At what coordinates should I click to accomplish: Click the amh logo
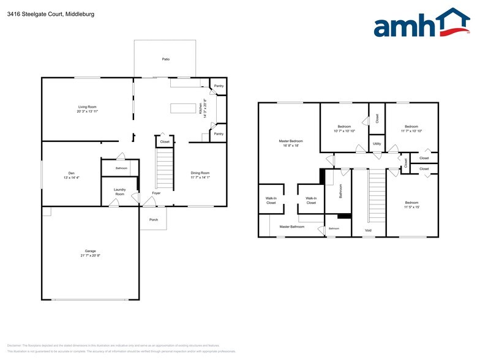click(x=418, y=25)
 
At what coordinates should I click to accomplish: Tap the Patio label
click(x=165, y=59)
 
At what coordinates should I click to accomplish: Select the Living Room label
click(x=88, y=107)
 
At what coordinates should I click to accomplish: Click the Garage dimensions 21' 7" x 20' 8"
click(x=90, y=255)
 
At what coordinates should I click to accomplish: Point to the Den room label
click(x=54, y=173)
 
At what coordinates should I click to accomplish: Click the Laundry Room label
click(x=119, y=192)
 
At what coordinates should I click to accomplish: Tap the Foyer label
click(x=156, y=193)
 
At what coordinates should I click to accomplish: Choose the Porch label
click(x=153, y=220)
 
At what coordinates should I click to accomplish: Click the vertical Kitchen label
click(x=200, y=108)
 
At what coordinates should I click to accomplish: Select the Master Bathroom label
click(x=292, y=227)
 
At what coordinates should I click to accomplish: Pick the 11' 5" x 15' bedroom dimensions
click(x=411, y=207)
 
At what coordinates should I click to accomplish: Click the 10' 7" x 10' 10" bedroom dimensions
click(x=344, y=131)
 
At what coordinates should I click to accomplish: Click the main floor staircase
click(x=165, y=170)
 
